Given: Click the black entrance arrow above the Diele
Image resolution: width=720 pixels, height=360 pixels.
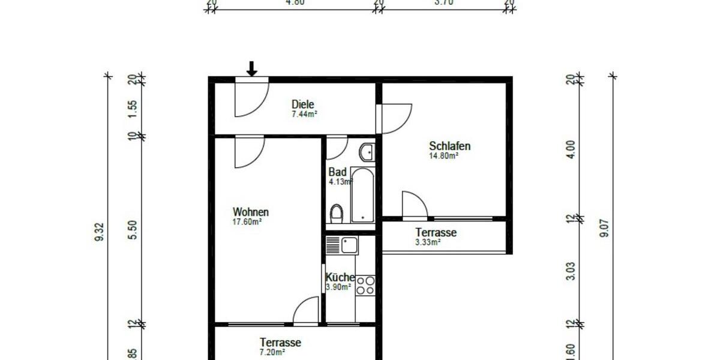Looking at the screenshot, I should click(x=252, y=69).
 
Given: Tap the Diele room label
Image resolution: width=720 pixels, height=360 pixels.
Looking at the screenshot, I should click(x=304, y=104).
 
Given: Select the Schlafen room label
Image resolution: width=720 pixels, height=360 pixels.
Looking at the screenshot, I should click(x=449, y=146).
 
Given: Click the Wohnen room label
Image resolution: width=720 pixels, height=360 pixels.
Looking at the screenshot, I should click(x=250, y=212).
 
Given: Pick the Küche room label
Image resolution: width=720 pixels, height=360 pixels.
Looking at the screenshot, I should click(x=340, y=278).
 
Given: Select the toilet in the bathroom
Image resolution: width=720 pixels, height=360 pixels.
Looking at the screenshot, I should click(x=337, y=213).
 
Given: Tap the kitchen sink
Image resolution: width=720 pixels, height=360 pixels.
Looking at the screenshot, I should click(x=341, y=245).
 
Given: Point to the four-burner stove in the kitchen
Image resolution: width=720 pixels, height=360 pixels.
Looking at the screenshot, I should click(x=365, y=285).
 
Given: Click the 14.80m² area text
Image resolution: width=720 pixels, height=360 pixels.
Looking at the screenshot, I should click(x=443, y=155).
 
